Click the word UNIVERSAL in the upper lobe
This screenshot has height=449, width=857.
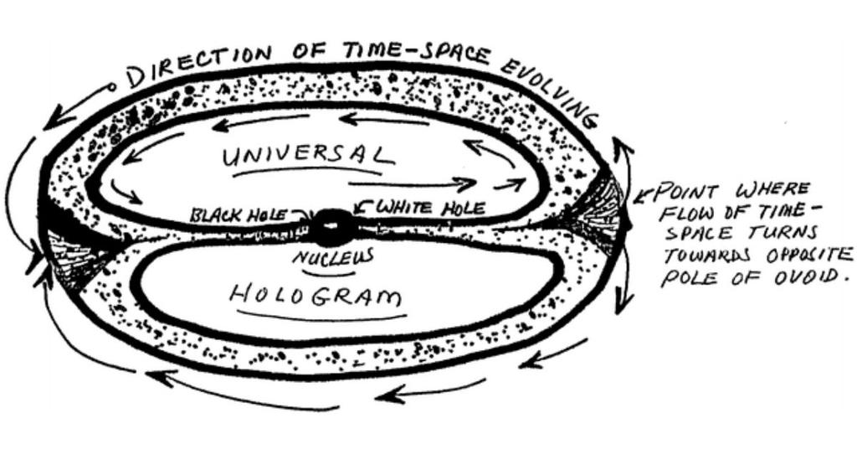tap(305, 157)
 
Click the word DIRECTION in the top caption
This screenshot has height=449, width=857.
tap(201, 65)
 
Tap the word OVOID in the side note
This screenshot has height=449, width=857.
tap(803, 274)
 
